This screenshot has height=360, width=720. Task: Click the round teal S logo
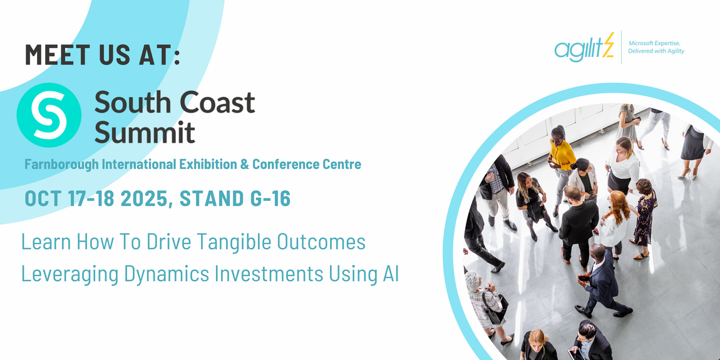[x=49, y=115]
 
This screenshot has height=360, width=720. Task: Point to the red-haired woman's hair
[x=617, y=206]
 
